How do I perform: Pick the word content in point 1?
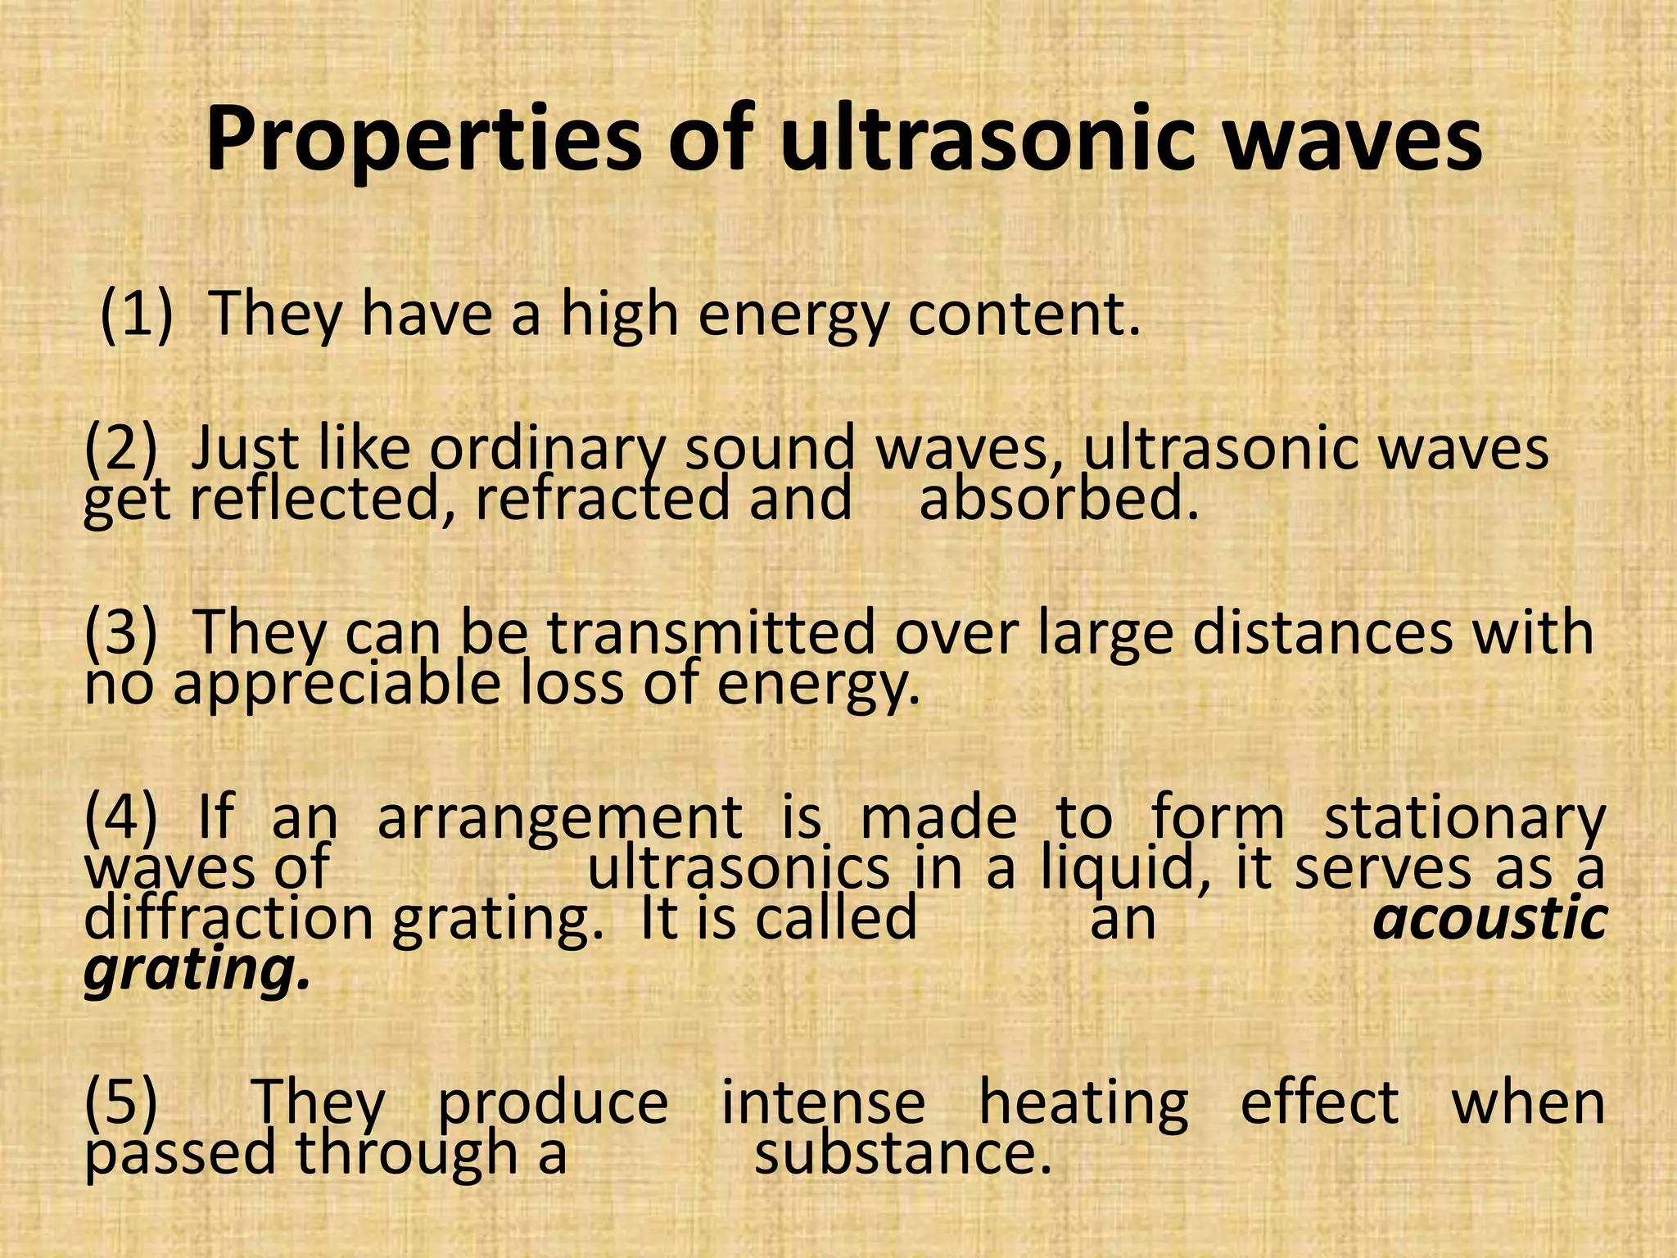click(x=1024, y=314)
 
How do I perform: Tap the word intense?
click(x=823, y=1102)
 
